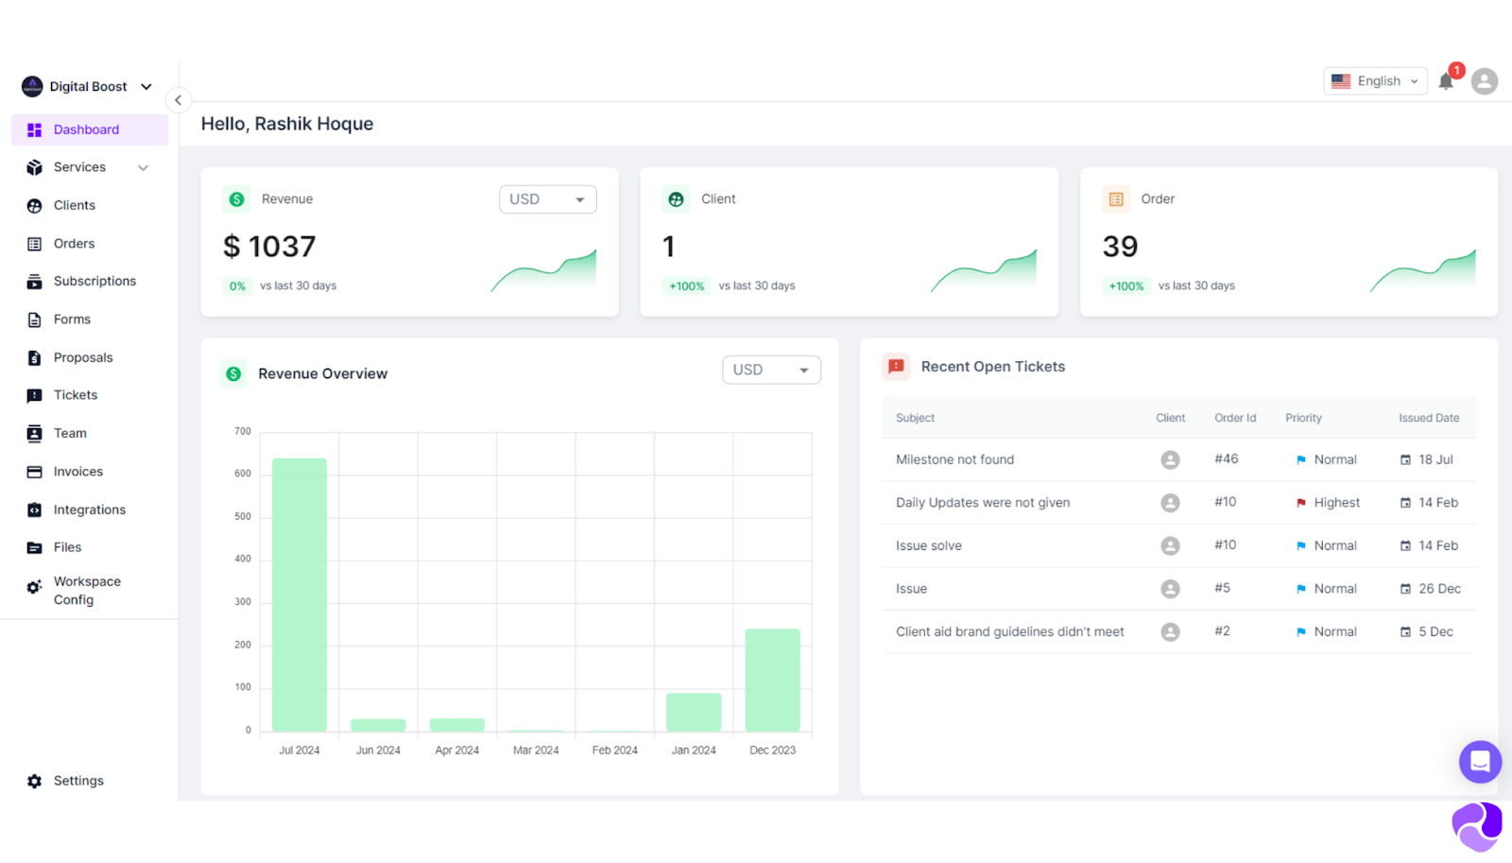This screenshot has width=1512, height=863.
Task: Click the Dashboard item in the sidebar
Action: click(x=86, y=129)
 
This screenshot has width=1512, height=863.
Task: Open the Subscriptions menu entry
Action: click(x=94, y=281)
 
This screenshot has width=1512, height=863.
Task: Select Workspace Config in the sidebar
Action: click(x=86, y=590)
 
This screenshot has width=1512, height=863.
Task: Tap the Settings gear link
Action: click(x=77, y=781)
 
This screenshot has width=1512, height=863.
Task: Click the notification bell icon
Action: click(x=1445, y=82)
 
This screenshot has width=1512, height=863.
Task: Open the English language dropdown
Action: click(x=1375, y=81)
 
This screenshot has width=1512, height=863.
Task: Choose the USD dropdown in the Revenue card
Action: click(x=547, y=199)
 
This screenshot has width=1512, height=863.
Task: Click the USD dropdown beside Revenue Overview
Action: click(x=770, y=370)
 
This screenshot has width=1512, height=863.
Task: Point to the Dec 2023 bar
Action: click(x=772, y=680)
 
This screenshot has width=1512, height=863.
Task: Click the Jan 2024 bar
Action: click(x=694, y=712)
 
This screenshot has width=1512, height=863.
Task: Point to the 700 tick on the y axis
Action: click(x=243, y=431)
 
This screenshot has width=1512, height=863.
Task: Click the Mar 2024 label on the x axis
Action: click(x=536, y=750)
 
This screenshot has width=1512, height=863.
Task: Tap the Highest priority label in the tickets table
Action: click(x=1336, y=503)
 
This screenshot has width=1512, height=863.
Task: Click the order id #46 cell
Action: click(x=1226, y=458)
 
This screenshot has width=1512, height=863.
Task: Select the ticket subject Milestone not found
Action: click(x=954, y=459)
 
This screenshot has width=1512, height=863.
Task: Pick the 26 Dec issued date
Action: click(x=1438, y=589)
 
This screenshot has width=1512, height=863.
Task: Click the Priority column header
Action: click(x=1303, y=418)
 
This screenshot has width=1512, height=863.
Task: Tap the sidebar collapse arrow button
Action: click(x=178, y=100)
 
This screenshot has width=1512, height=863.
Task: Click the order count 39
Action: click(x=1120, y=247)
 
